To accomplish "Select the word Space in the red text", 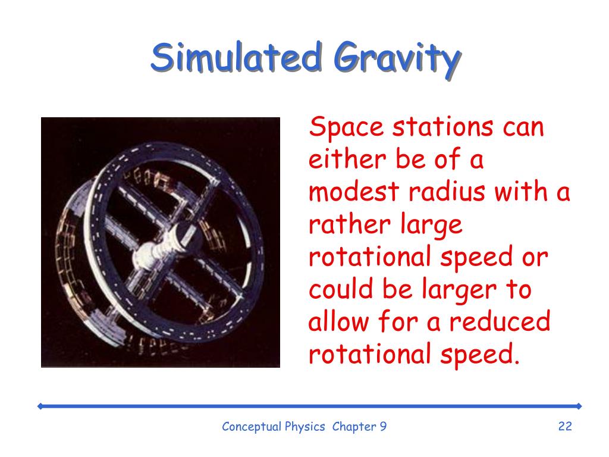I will click(341, 129).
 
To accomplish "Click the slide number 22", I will click(564, 426).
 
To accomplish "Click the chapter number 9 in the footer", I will click(383, 426).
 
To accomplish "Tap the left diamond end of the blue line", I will click(40, 406).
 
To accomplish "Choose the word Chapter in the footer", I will click(354, 426).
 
